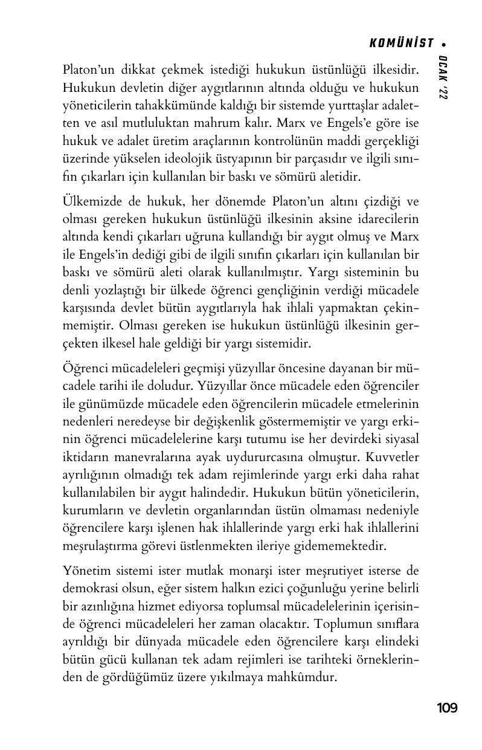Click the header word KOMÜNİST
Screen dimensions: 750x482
point(402,43)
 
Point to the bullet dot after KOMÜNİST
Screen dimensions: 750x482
point(444,44)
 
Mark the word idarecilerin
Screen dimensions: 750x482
point(385,219)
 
